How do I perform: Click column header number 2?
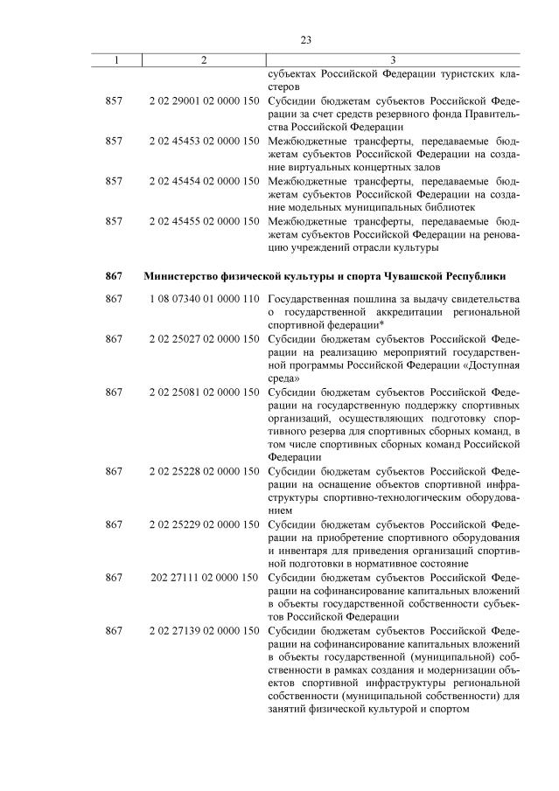pyautogui.click(x=203, y=59)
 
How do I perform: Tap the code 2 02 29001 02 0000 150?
pyautogui.click(x=205, y=101)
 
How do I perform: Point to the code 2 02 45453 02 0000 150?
pyautogui.click(x=205, y=140)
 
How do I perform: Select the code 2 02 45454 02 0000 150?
pyautogui.click(x=205, y=180)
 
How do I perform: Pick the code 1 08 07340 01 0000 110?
pyautogui.click(x=205, y=299)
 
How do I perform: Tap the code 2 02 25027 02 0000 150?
pyautogui.click(x=205, y=338)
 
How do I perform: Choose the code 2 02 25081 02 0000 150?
pyautogui.click(x=205, y=392)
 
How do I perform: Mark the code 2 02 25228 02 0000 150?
pyautogui.click(x=205, y=470)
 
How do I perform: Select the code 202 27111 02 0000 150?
pyautogui.click(x=205, y=577)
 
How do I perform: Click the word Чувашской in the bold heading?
pyautogui.click(x=416, y=276)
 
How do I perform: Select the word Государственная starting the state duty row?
pyautogui.click(x=311, y=299)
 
